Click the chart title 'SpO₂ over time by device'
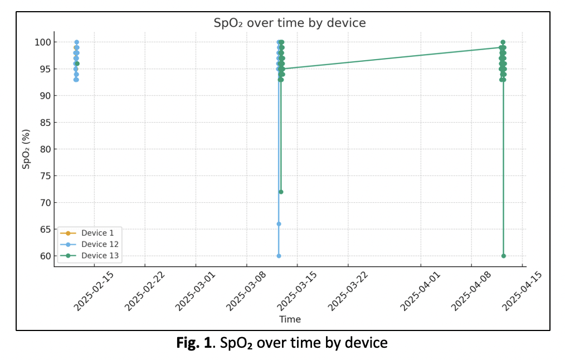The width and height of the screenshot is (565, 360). (x=290, y=23)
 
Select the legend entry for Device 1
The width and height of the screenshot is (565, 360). (x=97, y=233)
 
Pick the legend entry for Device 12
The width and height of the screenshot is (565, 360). (x=99, y=244)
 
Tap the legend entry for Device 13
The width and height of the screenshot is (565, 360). (x=99, y=256)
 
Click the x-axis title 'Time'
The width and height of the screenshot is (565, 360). (x=290, y=319)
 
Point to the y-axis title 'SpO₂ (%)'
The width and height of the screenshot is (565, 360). (x=26, y=149)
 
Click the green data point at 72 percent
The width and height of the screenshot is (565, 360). (x=281, y=192)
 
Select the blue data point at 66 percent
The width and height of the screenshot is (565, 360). (x=279, y=224)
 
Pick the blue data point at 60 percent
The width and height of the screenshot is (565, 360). (x=279, y=256)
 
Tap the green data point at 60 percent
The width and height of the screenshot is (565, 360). (x=504, y=256)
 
